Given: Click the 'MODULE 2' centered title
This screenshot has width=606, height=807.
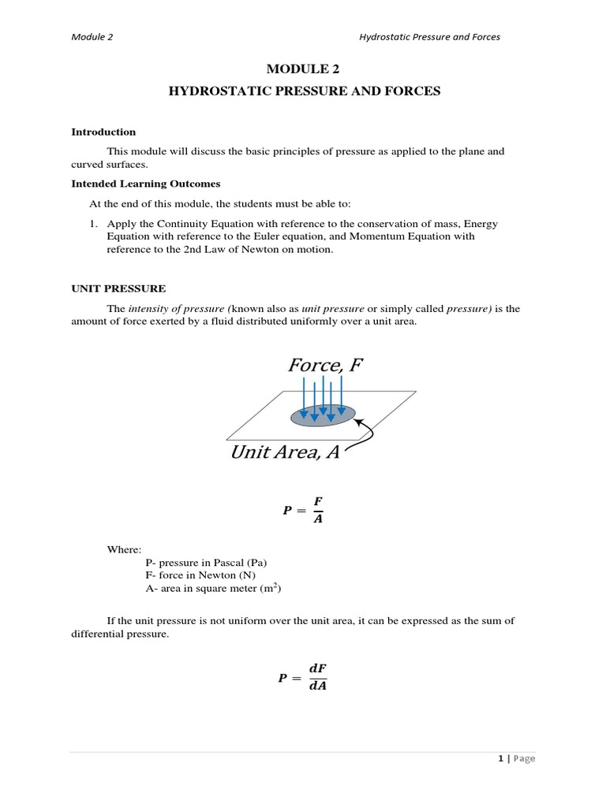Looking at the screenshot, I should [304, 70].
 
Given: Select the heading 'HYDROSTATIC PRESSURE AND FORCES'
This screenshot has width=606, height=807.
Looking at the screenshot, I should [304, 91].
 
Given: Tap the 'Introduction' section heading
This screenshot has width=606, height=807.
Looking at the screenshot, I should [103, 132].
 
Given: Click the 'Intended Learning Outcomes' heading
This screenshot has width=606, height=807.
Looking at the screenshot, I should [146, 183].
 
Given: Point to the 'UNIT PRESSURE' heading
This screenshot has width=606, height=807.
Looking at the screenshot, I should [118, 288].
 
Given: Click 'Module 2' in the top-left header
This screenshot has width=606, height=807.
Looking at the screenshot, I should [92, 36].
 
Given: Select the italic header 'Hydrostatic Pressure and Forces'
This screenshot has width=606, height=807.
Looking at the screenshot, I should [429, 36].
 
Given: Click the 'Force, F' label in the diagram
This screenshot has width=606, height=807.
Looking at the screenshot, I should [325, 365].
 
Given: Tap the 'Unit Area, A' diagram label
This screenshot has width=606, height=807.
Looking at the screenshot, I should [284, 452].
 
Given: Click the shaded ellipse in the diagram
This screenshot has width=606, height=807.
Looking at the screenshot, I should [324, 415].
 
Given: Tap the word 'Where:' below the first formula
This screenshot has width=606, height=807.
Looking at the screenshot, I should [124, 549].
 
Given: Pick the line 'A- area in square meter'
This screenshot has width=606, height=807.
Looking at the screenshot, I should [209, 588].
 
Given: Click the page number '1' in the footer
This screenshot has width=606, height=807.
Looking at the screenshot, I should [500, 758].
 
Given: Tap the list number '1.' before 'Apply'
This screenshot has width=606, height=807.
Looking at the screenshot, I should [93, 224].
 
